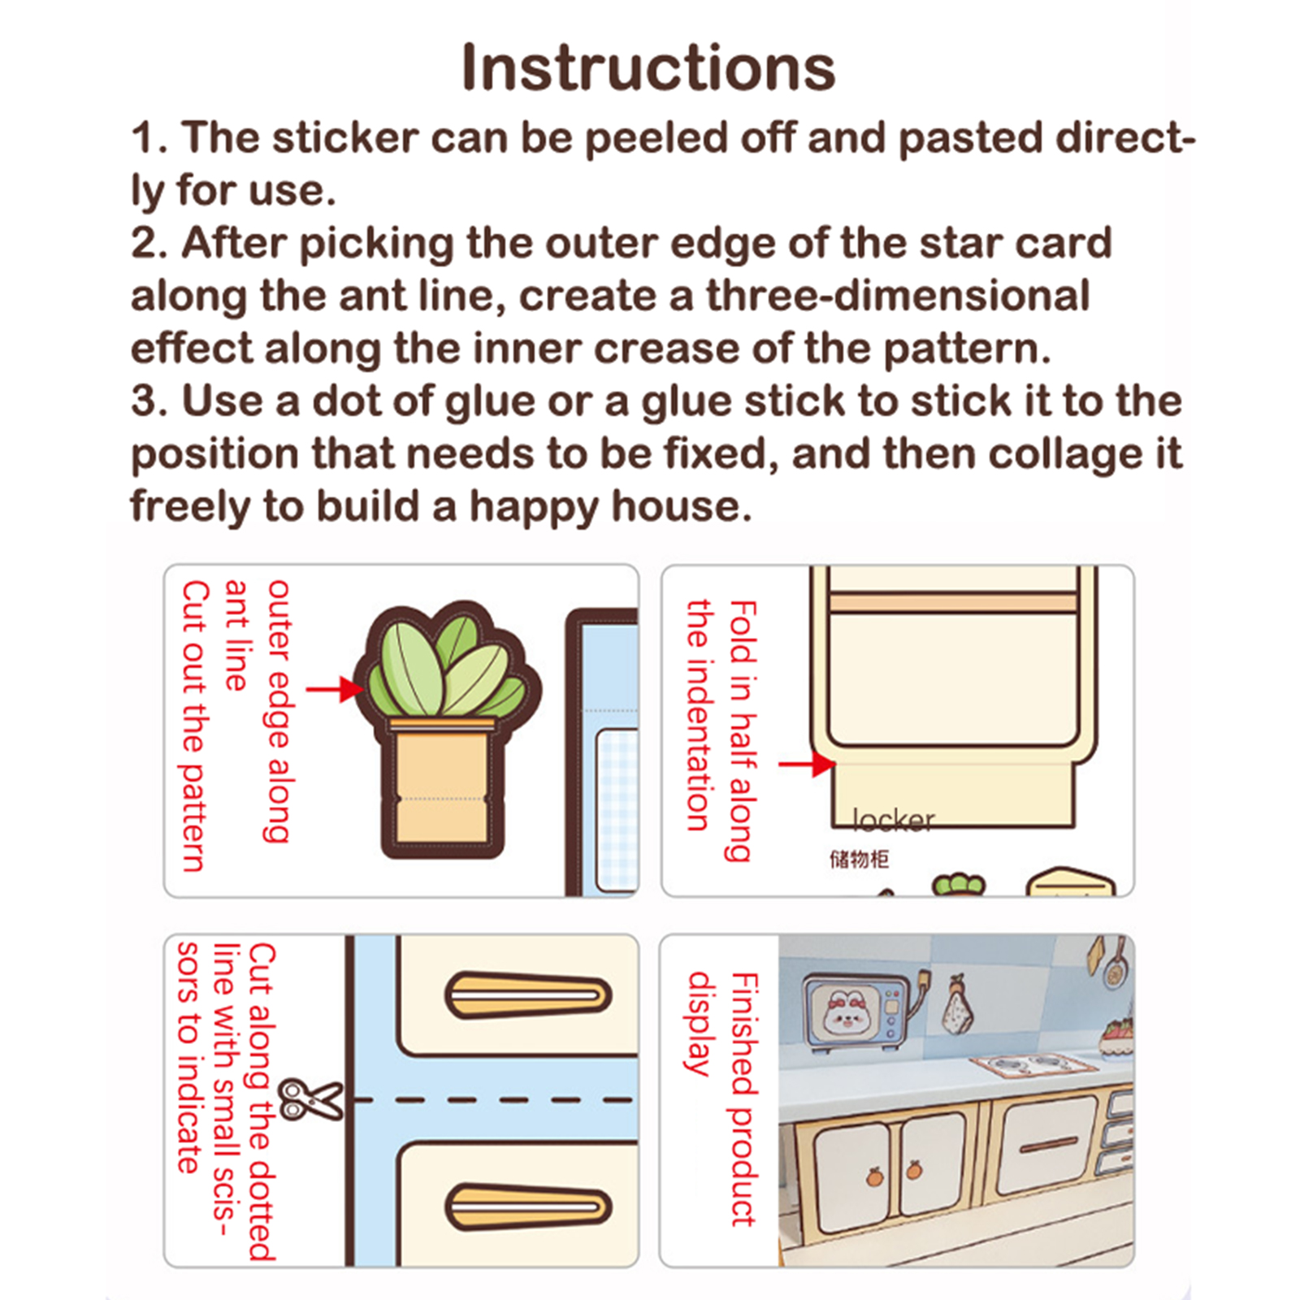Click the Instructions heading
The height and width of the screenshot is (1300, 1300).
(648, 67)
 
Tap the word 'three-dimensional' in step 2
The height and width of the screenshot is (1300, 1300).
(897, 295)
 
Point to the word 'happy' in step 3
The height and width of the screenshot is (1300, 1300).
(535, 508)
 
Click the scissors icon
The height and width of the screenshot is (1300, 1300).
(310, 1099)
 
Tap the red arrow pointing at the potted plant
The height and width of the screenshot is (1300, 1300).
(334, 690)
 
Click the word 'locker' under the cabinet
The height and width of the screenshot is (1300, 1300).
(894, 820)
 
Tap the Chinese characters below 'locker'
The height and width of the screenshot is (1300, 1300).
(859, 859)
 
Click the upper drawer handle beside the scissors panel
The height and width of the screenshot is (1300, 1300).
(528, 994)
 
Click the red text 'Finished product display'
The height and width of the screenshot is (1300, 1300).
(722, 1098)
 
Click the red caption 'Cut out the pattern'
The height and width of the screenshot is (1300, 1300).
(195, 726)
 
